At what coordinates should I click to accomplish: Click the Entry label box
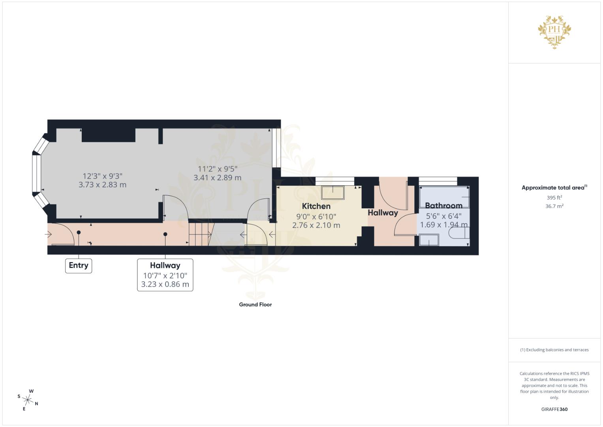point(78,265)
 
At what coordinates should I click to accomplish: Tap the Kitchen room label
point(316,206)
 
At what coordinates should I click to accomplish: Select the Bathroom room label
point(443,206)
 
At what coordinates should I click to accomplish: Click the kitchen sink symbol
point(333,193)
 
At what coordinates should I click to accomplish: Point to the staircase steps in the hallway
point(200,234)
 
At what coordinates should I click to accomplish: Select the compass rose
point(28,400)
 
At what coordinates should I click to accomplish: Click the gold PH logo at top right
point(554,32)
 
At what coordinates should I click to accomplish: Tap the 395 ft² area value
point(554,198)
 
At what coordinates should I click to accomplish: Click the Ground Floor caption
point(255,304)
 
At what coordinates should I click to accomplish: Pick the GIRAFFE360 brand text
point(554,409)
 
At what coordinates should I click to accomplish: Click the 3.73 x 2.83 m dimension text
point(102,185)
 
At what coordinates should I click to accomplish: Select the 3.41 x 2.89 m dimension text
point(217,178)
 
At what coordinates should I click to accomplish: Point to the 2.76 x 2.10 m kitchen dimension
point(316,225)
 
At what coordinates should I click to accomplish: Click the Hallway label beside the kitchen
point(383,213)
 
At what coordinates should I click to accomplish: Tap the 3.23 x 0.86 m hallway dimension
point(165,284)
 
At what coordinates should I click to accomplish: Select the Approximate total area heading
point(554,188)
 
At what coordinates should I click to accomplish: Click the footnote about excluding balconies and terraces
point(554,350)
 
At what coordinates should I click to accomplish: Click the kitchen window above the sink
point(335,181)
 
